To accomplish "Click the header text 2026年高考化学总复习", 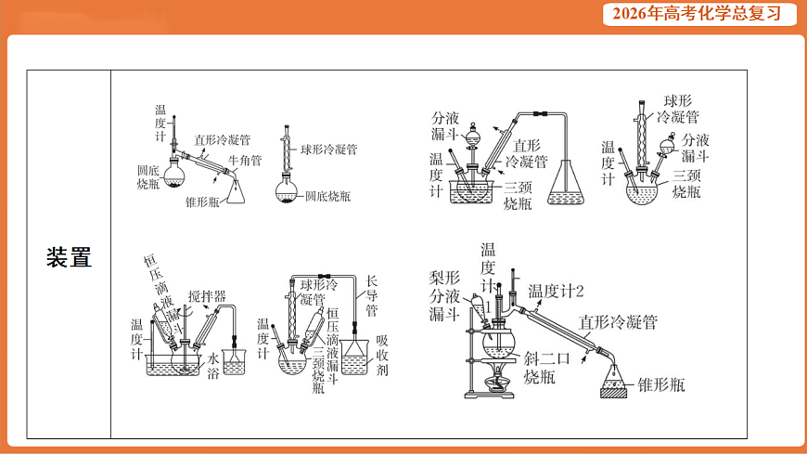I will tap(703, 14).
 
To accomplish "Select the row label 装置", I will tap(69, 257).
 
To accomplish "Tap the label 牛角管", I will tap(245, 161).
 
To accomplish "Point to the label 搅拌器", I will tap(207, 296).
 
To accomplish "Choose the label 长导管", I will tap(371, 294).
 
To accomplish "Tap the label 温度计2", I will tap(557, 291).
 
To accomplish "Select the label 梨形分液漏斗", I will tap(444, 296).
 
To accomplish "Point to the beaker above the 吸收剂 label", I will tap(356, 358).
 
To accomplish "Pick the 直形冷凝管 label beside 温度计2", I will tap(618, 322).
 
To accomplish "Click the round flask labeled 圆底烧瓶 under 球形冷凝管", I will tap(288, 193).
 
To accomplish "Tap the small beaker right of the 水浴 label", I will tap(234, 361).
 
